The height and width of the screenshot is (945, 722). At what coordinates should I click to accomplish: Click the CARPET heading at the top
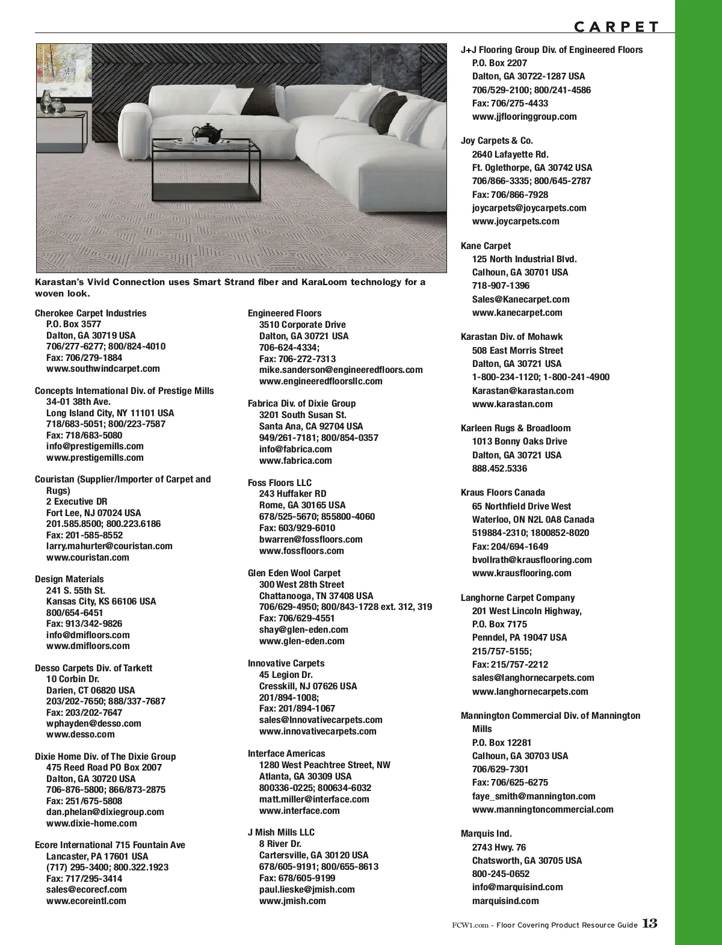[617, 26]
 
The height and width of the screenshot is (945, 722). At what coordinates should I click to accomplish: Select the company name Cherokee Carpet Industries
[90, 313]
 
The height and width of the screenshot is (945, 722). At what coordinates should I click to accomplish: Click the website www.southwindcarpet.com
[103, 369]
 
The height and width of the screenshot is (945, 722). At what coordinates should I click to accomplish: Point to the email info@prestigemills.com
[95, 446]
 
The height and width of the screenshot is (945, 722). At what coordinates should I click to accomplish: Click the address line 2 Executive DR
[77, 502]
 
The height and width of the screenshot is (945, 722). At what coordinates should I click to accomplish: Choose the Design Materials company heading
[69, 579]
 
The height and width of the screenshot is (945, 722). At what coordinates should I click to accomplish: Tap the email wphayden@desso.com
[94, 724]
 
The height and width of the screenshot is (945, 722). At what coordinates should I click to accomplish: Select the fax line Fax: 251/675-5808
[84, 801]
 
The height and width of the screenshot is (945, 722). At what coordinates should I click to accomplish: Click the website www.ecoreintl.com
[86, 901]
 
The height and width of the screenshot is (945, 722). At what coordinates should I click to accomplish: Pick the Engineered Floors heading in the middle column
[285, 313]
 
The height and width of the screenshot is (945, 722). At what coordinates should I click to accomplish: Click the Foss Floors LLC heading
[280, 483]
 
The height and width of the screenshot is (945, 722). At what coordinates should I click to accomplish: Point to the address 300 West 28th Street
[301, 585]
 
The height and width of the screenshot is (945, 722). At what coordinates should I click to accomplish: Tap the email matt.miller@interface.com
[314, 799]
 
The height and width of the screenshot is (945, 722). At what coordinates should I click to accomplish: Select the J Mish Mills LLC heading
[281, 833]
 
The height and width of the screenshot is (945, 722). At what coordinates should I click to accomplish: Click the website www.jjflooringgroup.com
[524, 117]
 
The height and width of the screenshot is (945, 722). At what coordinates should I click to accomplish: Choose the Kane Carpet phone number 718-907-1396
[501, 286]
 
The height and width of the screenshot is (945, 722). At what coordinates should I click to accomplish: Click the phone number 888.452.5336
[499, 469]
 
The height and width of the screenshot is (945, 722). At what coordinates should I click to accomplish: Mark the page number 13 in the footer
[650, 924]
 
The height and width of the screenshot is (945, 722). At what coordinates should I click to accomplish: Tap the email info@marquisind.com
[517, 887]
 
